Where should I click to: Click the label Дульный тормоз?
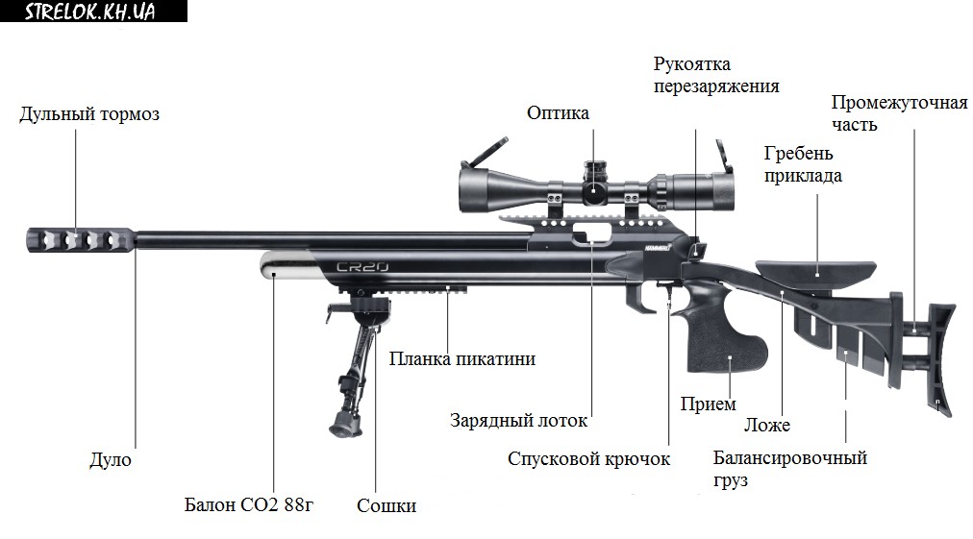pos(89,114)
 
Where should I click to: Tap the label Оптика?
pos(558,113)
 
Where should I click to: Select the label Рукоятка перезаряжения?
pos(715,75)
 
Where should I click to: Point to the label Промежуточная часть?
pos(899,113)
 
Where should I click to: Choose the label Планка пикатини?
pos(462,358)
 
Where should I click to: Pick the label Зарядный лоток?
pos(518,421)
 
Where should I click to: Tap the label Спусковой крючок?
pos(588,458)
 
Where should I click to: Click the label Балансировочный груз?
pos(790,468)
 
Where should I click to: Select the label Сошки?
pos(387,505)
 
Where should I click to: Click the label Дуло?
pos(111,460)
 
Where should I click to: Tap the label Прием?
pos(708,404)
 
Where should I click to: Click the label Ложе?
pos(767,425)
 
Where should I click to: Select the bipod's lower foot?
pos(343,423)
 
